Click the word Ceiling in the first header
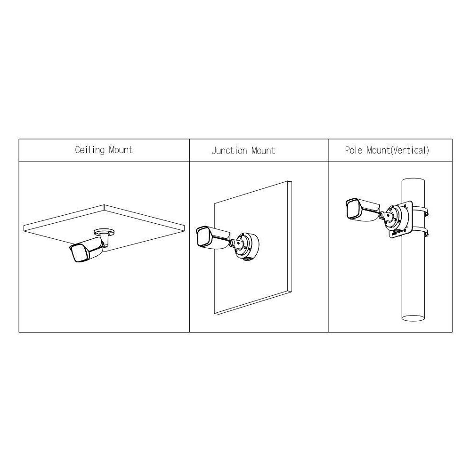pos(90,150)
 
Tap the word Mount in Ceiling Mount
pos(121,150)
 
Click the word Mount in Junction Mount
pos(263,150)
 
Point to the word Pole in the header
pos(354,150)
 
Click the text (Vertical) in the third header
pos(410,150)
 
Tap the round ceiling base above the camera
pos(104,232)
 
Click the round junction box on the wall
pos(247,247)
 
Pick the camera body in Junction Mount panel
pos(213,237)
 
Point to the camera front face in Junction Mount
pos(203,237)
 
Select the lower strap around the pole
pos(421,233)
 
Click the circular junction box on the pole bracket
pos(397,217)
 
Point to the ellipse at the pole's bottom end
pos(413,318)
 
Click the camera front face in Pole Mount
pos(353,210)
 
